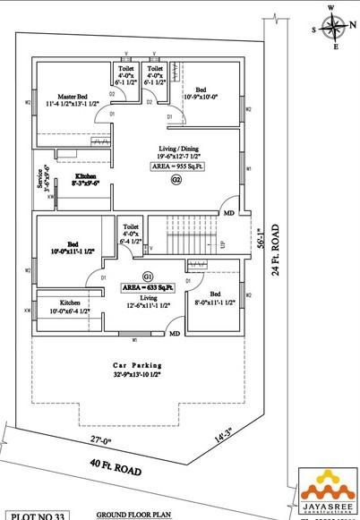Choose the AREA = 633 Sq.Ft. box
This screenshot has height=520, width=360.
pos(150,288)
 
